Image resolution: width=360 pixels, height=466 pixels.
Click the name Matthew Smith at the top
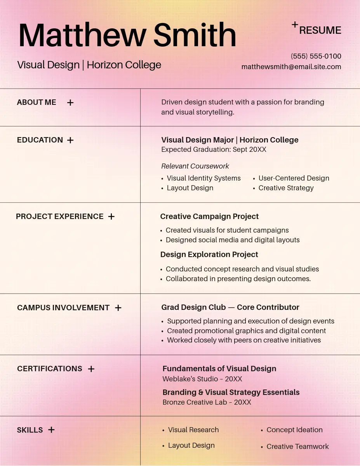127,35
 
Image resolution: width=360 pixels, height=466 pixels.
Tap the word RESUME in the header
320,30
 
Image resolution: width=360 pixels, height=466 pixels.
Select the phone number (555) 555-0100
316,56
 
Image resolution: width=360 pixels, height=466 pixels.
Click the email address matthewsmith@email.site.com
291,67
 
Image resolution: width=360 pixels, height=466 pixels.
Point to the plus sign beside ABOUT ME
70,103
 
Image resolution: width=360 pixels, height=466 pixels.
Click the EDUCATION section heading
40,140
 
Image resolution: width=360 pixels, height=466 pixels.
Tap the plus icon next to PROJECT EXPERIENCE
111,217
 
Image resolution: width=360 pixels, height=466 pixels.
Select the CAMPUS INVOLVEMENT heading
63,308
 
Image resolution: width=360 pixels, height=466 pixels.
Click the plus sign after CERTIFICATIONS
91,369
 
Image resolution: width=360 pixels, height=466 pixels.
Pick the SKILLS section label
30,430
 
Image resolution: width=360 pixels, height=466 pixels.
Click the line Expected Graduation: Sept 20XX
214,150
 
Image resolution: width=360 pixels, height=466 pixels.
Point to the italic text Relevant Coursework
195,166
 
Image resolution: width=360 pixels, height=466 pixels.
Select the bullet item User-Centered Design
294,178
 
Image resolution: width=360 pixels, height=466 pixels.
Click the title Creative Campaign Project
209,216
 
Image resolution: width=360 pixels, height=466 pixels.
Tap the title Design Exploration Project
209,254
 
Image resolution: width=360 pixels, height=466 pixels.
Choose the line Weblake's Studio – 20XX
202,379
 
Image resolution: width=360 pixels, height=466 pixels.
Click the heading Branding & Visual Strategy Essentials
231,392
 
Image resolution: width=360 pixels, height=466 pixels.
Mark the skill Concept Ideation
294,430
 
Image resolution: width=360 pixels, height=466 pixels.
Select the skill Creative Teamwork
297,447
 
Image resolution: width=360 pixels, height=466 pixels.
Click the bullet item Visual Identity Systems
203,178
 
